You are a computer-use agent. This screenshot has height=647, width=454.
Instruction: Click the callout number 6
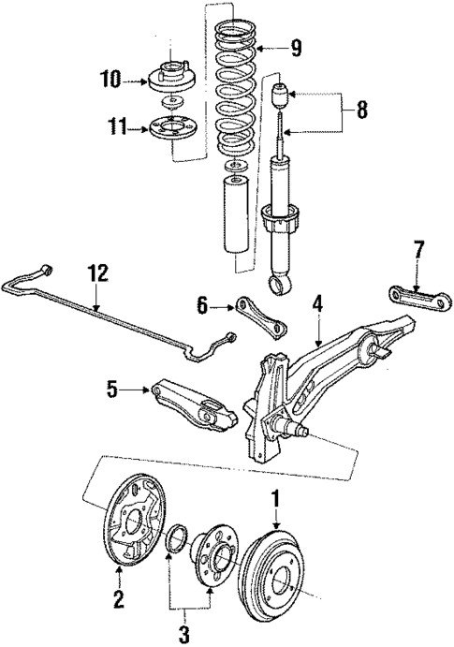pyautogui.click(x=201, y=305)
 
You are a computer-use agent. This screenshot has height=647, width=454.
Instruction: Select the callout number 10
pyautogui.click(x=110, y=81)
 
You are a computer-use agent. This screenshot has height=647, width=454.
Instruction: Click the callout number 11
pyautogui.click(x=112, y=125)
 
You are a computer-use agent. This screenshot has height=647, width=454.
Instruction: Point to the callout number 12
pyautogui.click(x=97, y=273)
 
